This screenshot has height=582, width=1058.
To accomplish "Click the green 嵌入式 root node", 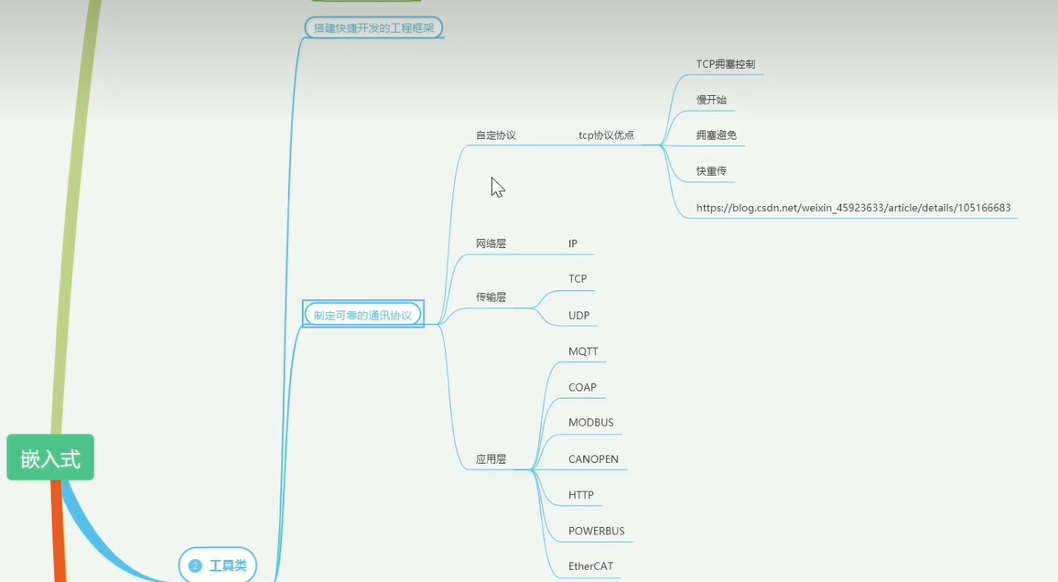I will [x=50, y=458].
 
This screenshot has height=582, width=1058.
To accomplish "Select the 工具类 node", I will [x=228, y=566].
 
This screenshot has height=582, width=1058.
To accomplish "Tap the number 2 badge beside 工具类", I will [x=194, y=566].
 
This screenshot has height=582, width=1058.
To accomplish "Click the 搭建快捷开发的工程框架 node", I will [x=373, y=27].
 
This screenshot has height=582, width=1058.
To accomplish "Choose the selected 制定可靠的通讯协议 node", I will [x=362, y=315].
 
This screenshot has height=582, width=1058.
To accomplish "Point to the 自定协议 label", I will [x=495, y=135].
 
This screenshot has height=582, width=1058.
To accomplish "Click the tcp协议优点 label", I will [x=606, y=135].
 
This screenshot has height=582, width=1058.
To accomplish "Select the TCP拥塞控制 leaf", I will [x=725, y=65].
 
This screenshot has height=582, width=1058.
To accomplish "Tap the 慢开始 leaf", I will [x=711, y=100].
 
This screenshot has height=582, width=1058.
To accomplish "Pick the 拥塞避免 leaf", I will [x=716, y=135].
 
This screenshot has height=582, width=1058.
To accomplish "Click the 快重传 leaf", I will [x=711, y=171].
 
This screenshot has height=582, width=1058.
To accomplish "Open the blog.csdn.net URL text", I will [x=853, y=208].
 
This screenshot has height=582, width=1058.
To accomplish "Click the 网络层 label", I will [x=491, y=244].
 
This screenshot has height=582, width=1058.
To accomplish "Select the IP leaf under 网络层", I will [x=573, y=244].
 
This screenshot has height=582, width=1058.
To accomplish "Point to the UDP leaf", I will [x=578, y=316].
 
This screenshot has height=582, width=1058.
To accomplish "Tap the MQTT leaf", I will [x=583, y=351].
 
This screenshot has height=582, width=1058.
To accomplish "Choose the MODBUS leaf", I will [x=590, y=423].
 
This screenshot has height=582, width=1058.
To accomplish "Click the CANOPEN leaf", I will [x=593, y=458].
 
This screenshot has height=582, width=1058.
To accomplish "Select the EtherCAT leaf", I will [x=590, y=566].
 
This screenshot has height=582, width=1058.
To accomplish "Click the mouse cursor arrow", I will [x=497, y=187].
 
